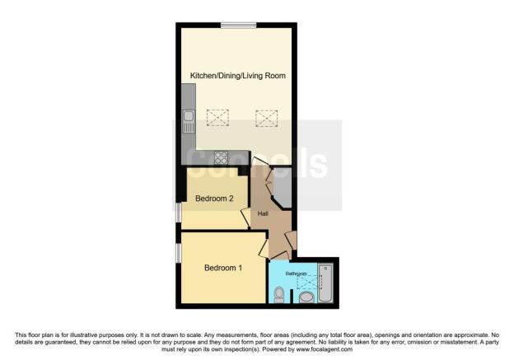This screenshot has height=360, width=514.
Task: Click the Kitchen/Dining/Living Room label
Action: [238, 76]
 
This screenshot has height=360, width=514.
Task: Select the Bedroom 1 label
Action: [223, 267]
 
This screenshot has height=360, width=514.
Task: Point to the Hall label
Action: [263, 214]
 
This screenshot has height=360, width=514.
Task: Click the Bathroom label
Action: [297, 273]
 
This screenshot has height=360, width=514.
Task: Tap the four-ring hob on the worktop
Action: [221, 157]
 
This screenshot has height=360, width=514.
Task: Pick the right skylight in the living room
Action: [266, 119]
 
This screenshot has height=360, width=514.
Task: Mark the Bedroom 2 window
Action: [179, 212]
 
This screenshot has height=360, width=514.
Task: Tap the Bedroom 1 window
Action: [179, 253]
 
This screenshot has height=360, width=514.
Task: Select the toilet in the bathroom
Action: [279, 293]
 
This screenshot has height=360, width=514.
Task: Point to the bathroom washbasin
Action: [307, 297]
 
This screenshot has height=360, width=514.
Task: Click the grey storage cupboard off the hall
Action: [281, 187]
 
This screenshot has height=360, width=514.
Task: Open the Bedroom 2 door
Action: [246, 217]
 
